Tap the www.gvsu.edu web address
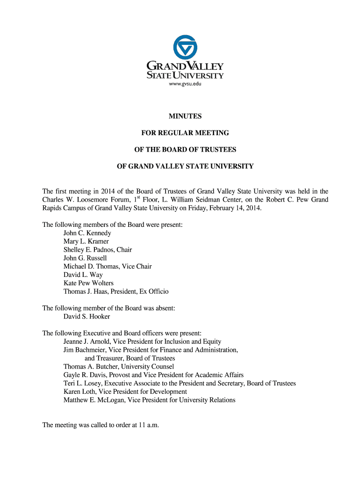(185, 84)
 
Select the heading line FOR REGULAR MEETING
(185, 133)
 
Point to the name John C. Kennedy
(87, 233)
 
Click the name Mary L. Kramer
(86, 241)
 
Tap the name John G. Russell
(85, 258)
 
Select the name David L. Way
(83, 275)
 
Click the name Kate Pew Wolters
(88, 283)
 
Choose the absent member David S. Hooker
(86, 317)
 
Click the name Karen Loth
(79, 392)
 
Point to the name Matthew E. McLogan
(94, 400)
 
